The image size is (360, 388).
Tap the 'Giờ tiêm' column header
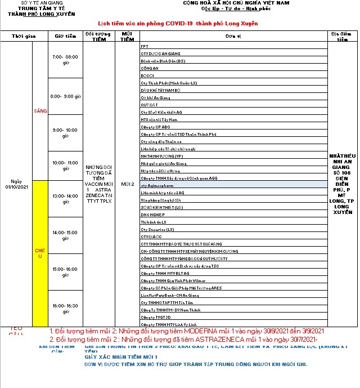tap(65, 36)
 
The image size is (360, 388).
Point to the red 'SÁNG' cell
tap(40, 111)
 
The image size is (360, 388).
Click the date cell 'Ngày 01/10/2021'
tap(16, 184)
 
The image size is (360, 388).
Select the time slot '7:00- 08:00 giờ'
tap(65, 60)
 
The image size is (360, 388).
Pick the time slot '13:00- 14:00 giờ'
tap(65, 199)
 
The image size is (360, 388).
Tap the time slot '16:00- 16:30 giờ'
tap(65, 309)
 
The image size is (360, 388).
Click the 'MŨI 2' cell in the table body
tap(127, 184)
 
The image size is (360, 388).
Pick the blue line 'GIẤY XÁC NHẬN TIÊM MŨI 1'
tap(120, 357)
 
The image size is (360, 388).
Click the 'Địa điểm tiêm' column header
tap(342, 36)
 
